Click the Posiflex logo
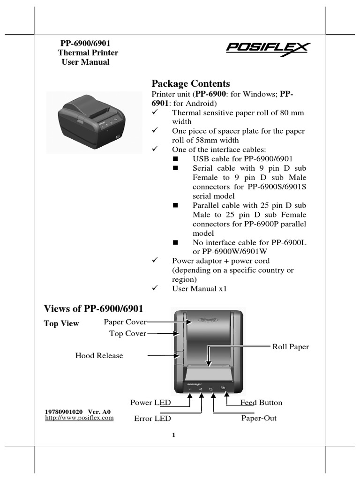[x=268, y=49]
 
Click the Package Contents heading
[x=191, y=83]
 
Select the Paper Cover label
[x=125, y=322]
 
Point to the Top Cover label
[x=127, y=333]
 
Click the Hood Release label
[x=99, y=355]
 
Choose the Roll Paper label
[x=291, y=347]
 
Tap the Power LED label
[x=150, y=403]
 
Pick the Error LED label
[x=152, y=418]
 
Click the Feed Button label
[x=261, y=403]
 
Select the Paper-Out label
[x=259, y=418]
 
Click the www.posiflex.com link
[x=79, y=418]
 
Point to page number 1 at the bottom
[x=173, y=435]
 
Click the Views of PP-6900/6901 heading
[x=93, y=308]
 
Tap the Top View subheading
[x=61, y=323]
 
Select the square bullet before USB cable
[x=176, y=159]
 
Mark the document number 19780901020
[x=64, y=412]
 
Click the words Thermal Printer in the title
[x=88, y=52]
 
